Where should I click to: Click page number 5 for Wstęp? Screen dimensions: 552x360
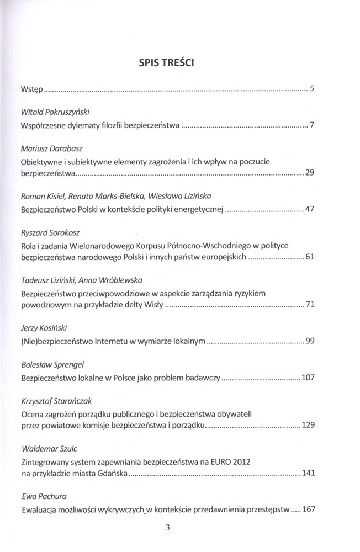point(311,88)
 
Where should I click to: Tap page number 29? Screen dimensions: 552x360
point(309,173)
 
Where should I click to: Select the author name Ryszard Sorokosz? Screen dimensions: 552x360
point(47,232)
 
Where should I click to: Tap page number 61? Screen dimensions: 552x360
point(309,257)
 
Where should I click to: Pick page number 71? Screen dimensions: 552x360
point(309,305)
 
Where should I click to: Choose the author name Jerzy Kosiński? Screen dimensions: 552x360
point(44,328)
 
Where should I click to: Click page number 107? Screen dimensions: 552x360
point(308,379)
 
